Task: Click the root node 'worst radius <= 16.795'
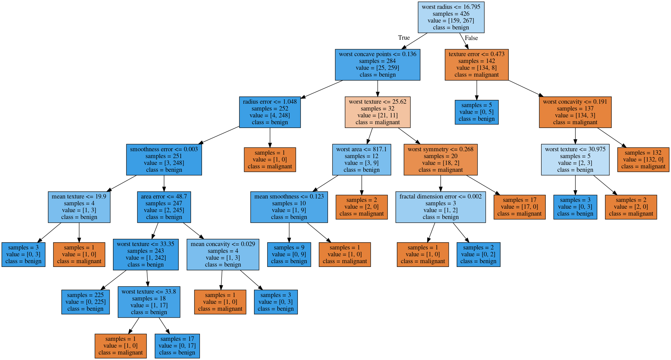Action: coord(451,17)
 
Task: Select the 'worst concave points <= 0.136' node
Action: coord(377,65)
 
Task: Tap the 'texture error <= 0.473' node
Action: coord(477,65)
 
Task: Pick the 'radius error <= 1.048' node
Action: coord(270,112)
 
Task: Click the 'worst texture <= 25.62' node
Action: coord(377,112)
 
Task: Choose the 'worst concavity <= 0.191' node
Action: coord(575,112)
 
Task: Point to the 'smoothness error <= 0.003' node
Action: coord(164,160)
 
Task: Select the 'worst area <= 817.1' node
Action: coord(361,160)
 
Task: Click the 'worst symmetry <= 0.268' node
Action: coord(440,160)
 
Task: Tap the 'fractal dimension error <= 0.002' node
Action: coord(440,207)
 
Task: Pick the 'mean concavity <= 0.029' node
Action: coord(223,255)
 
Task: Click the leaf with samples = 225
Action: coord(85,302)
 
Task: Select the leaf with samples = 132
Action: coord(643,160)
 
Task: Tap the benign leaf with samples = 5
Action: coord(477,112)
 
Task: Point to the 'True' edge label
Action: coord(404,38)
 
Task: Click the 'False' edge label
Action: coord(471,38)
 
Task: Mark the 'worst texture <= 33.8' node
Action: coord(149,302)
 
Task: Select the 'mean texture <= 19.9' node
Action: coord(79,207)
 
